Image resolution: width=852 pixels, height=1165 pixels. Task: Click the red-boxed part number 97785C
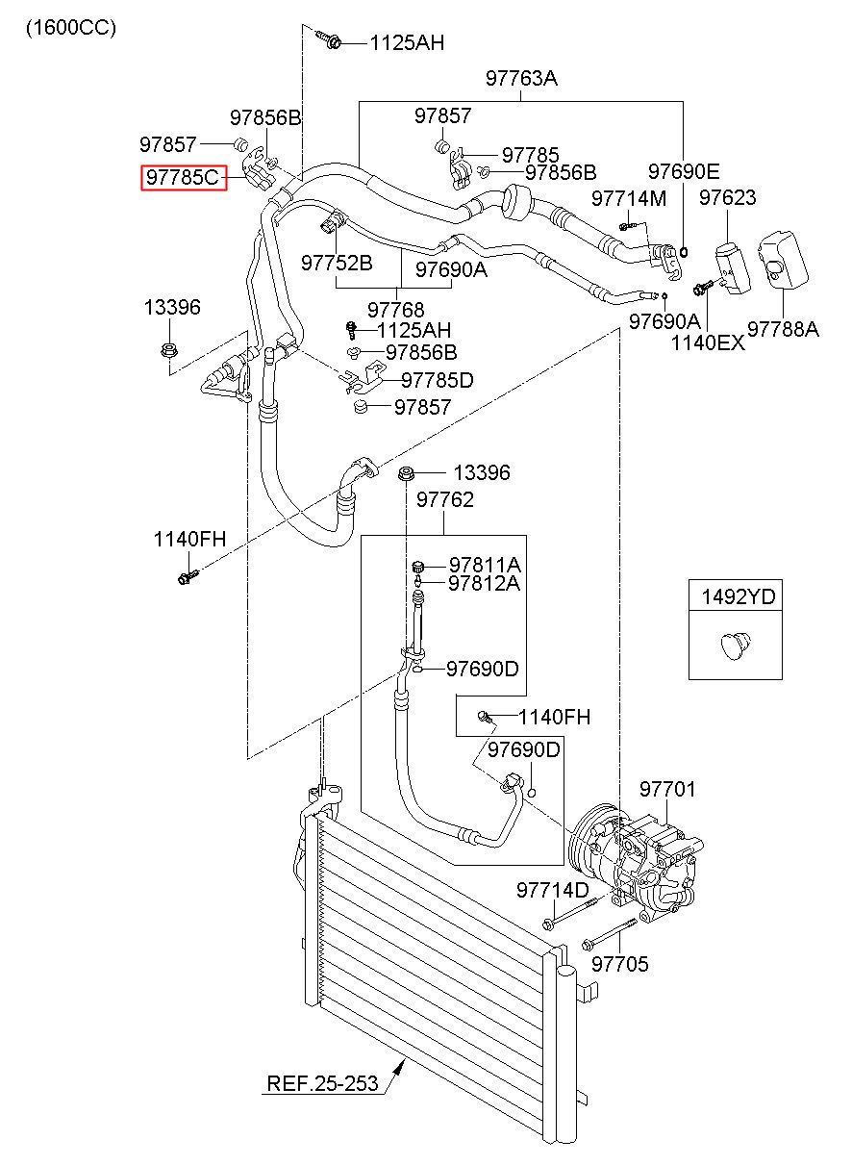pyautogui.click(x=184, y=177)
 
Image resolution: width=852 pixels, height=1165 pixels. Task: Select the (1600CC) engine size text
pyautogui.click(x=71, y=28)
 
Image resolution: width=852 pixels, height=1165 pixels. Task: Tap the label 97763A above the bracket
pyautogui.click(x=521, y=78)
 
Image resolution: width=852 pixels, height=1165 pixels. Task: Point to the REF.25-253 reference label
pyautogui.click(x=322, y=1083)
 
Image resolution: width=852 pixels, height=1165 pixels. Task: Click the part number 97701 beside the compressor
pyautogui.click(x=667, y=789)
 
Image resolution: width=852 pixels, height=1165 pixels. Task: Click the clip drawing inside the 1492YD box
pyautogui.click(x=736, y=646)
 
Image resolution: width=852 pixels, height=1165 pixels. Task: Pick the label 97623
pyautogui.click(x=727, y=197)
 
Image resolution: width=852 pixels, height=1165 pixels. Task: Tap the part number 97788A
pyautogui.click(x=783, y=329)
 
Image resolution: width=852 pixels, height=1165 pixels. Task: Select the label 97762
pyautogui.click(x=445, y=499)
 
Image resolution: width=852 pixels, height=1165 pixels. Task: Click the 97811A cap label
pyautogui.click(x=485, y=565)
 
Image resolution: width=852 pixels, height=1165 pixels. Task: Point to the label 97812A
pyautogui.click(x=484, y=583)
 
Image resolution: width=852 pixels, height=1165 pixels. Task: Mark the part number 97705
pyautogui.click(x=620, y=964)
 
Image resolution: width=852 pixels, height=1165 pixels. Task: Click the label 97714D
pyautogui.click(x=553, y=890)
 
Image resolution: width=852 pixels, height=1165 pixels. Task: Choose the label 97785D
pyautogui.click(x=438, y=380)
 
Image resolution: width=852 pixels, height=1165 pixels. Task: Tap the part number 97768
pyautogui.click(x=395, y=310)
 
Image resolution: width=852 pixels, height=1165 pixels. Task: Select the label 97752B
pyautogui.click(x=337, y=263)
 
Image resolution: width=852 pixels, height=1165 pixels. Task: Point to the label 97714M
pyautogui.click(x=629, y=198)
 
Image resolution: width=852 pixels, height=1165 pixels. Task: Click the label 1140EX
pyautogui.click(x=708, y=342)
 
